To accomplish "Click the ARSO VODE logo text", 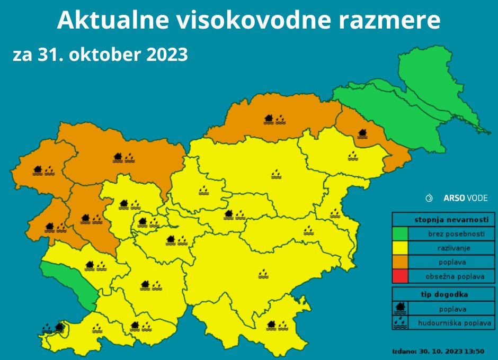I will pyautogui.click(x=465, y=198).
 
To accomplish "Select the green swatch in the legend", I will pyautogui.click(x=400, y=233).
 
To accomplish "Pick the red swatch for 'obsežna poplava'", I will pyautogui.click(x=400, y=276).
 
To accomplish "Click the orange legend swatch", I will pyautogui.click(x=400, y=262).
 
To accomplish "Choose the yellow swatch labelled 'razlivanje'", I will pyautogui.click(x=400, y=248).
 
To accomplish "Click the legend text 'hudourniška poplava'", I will pyautogui.click(x=455, y=322).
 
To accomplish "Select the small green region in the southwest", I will pyautogui.click(x=69, y=283).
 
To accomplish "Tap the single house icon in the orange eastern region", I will pyautogui.click(x=363, y=133).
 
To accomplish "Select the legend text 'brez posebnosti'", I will pyautogui.click(x=455, y=233).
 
